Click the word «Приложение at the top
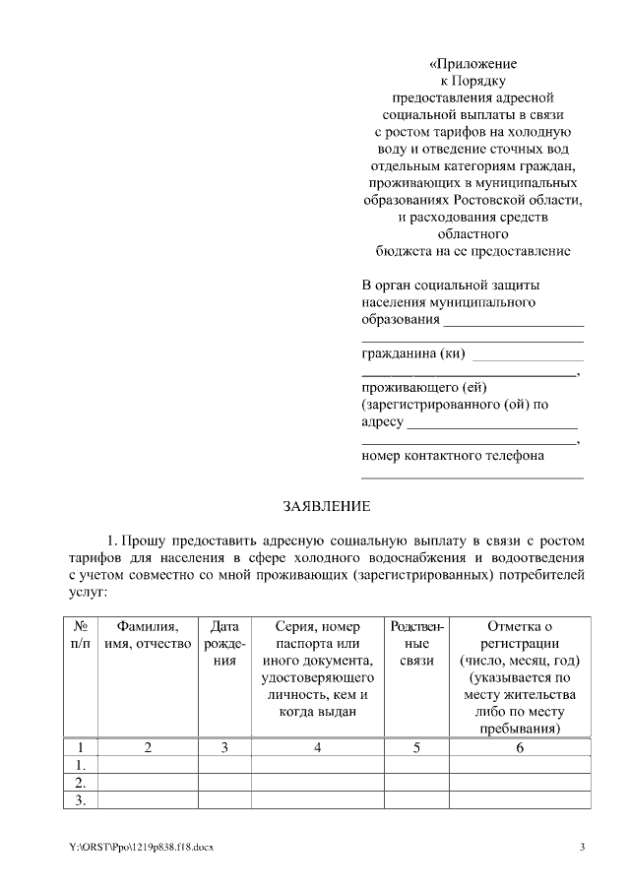pyautogui.click(x=472, y=64)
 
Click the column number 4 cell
pyautogui.click(x=317, y=747)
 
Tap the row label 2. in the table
pyautogui.click(x=82, y=783)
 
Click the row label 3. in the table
pyautogui.click(x=82, y=800)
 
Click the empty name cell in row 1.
pyautogui.click(x=148, y=765)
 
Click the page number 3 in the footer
pyautogui.click(x=582, y=848)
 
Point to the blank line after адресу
pyautogui.click(x=491, y=426)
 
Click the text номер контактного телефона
pyautogui.click(x=453, y=456)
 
